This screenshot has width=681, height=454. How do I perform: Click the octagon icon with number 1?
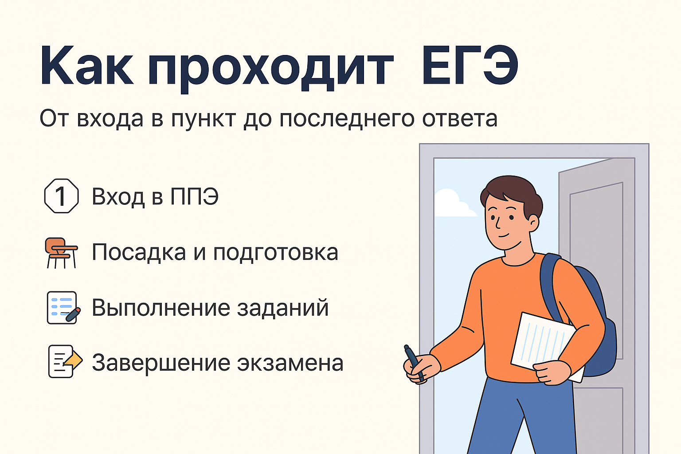[x=62, y=196]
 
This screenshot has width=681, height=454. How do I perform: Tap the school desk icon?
[x=62, y=252]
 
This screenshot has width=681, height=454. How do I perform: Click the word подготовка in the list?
[x=276, y=253]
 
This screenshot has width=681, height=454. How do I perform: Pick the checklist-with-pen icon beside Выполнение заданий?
[x=63, y=308]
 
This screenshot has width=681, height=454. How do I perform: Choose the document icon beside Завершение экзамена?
[x=64, y=362]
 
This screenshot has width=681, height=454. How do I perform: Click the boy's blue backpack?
[x=594, y=319]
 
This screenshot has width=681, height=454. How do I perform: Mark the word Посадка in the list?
[x=139, y=252]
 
